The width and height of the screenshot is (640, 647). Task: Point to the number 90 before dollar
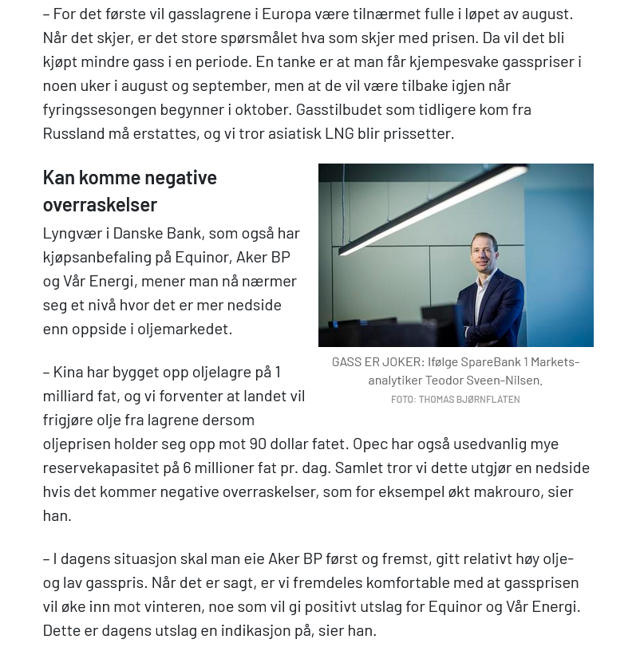(259, 444)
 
